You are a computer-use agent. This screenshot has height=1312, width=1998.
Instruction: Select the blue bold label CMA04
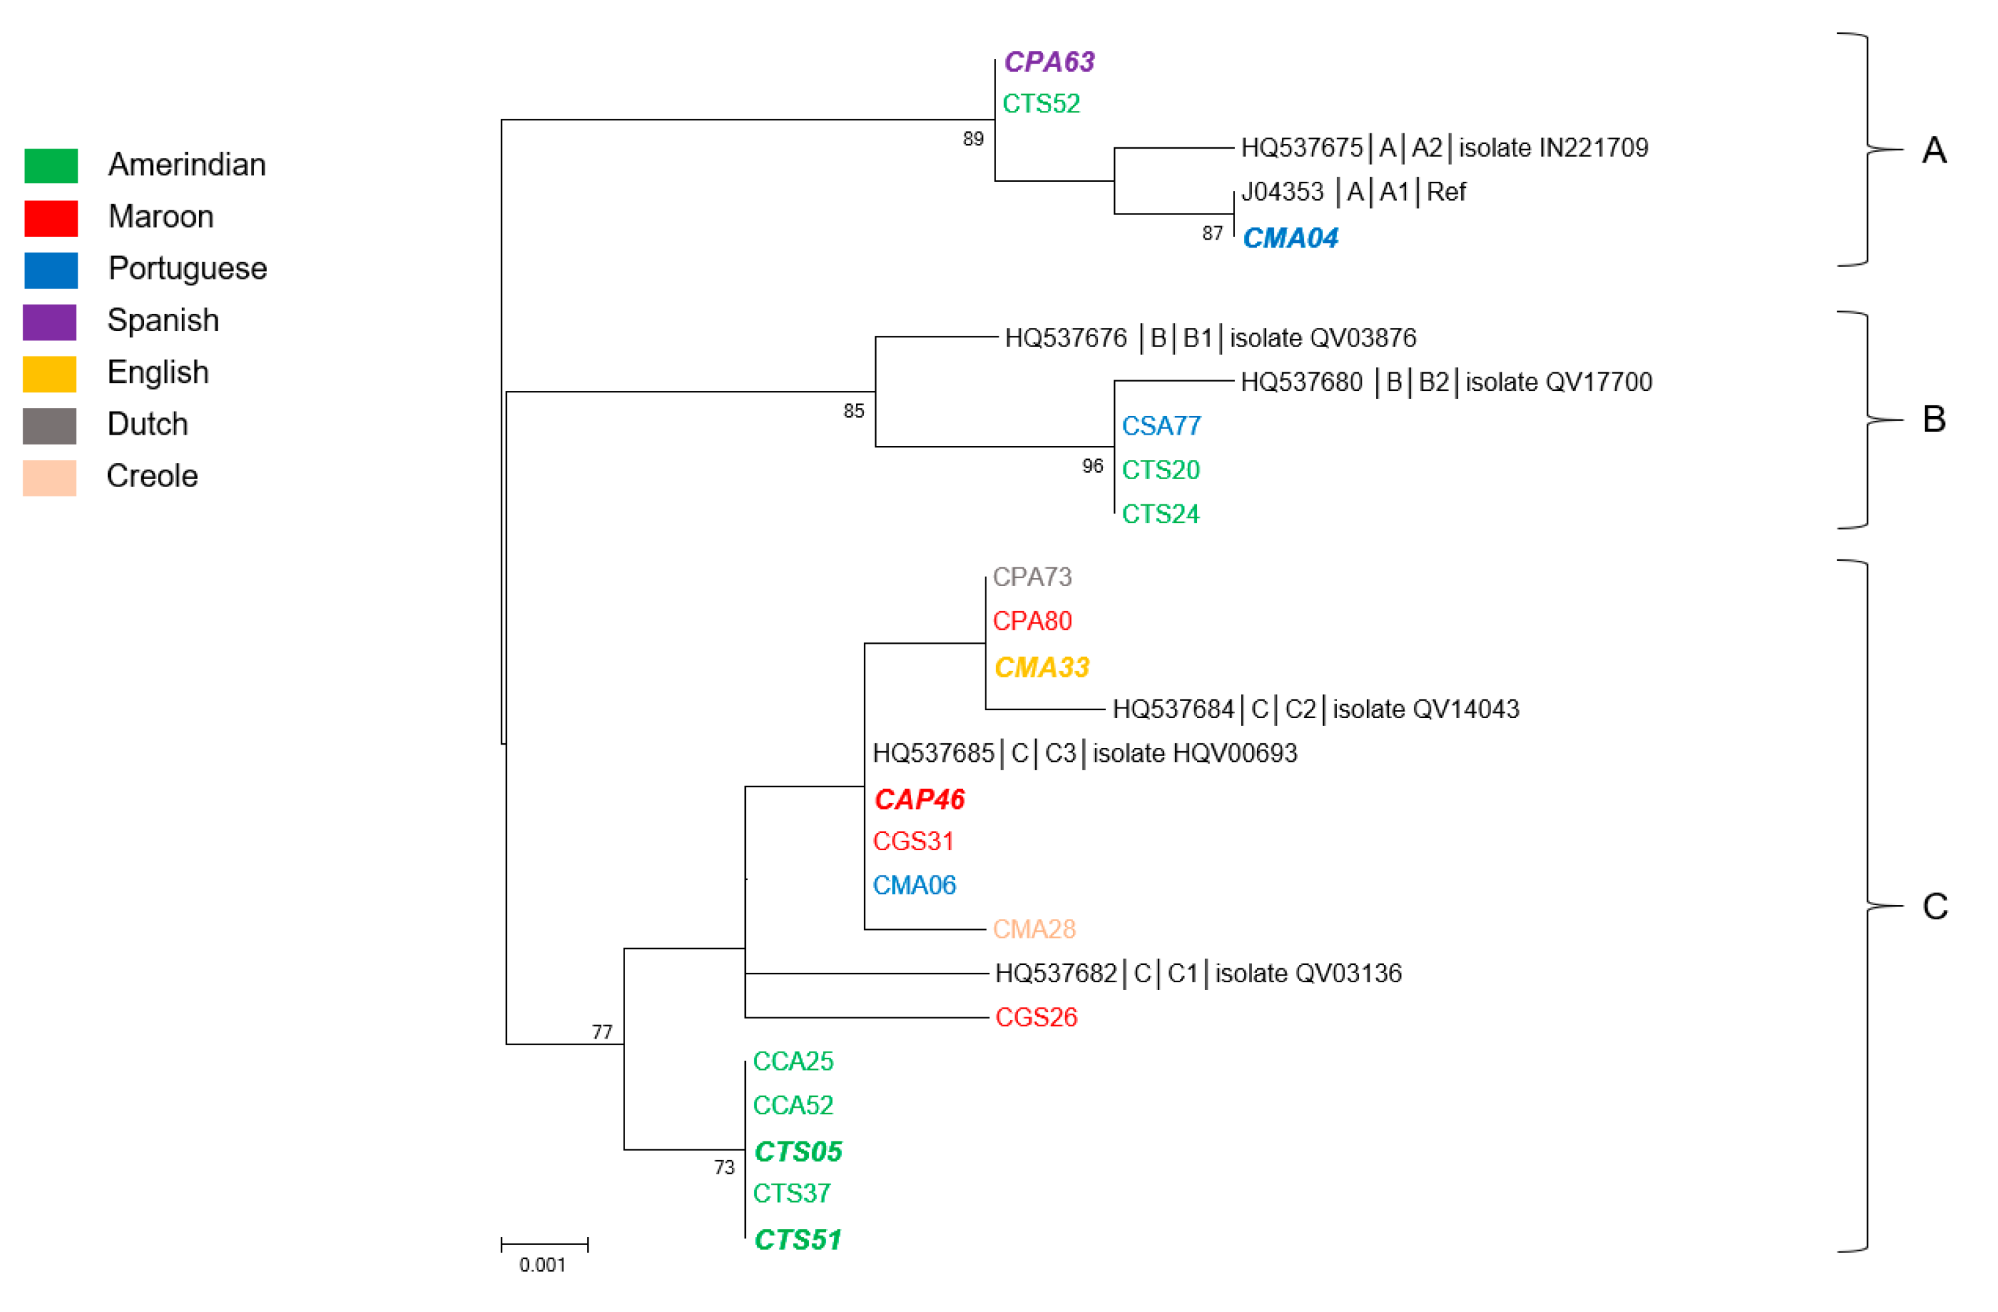(x=1289, y=238)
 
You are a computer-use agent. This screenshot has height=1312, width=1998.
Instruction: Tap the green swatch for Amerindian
(x=50, y=165)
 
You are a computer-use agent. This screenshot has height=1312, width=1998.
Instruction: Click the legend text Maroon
(x=161, y=216)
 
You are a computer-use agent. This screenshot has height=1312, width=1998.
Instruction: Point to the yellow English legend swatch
(x=50, y=374)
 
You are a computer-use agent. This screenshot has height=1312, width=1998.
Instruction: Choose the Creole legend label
(x=152, y=476)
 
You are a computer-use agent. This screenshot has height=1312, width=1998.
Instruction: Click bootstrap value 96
(x=1092, y=466)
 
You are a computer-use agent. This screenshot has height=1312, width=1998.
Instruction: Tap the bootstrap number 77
(x=602, y=1032)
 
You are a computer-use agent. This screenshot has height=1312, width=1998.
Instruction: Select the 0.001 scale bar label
(x=542, y=1264)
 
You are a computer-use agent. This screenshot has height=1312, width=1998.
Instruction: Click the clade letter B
(x=1934, y=419)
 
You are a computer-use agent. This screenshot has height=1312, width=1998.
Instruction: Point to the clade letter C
(x=1934, y=907)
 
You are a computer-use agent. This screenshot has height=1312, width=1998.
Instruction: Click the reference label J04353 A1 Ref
(x=1352, y=192)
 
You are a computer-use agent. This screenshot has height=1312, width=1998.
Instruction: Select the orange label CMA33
(x=1041, y=668)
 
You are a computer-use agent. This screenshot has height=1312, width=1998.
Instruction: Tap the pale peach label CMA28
(x=1033, y=929)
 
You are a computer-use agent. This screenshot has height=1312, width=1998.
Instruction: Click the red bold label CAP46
(x=919, y=799)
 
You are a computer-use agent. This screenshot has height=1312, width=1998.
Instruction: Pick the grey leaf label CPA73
(x=1032, y=577)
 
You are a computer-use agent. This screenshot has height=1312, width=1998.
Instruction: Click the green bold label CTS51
(x=798, y=1239)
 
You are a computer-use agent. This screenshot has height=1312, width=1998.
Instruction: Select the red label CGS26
(x=1035, y=1017)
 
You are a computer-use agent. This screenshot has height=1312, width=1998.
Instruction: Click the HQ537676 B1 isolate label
(x=1210, y=338)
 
